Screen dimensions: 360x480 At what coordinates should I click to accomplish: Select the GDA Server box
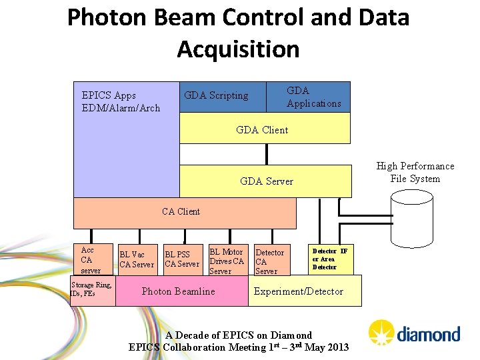point(265,181)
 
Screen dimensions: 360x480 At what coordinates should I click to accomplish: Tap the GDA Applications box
point(313,97)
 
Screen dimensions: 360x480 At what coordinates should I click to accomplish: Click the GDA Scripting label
point(216,96)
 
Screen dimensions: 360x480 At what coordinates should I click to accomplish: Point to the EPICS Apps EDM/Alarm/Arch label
point(121,101)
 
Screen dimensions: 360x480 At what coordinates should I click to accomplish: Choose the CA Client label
point(181,211)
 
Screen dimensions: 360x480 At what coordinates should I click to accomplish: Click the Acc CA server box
point(91,260)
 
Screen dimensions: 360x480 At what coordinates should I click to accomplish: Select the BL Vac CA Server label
point(136,259)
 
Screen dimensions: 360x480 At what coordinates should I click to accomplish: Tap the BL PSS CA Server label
point(182,259)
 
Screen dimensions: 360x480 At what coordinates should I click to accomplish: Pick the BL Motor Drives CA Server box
point(227,261)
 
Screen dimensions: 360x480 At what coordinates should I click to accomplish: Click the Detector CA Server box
point(269,261)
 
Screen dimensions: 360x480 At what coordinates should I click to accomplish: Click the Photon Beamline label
point(179,291)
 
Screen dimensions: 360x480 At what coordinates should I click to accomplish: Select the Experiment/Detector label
point(299,291)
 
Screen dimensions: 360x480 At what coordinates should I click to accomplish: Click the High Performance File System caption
point(415,172)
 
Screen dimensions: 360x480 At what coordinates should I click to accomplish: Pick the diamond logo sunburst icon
point(381,331)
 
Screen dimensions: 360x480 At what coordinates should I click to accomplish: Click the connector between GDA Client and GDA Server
point(266,155)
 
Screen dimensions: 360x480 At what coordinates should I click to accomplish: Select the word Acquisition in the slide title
point(238,49)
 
